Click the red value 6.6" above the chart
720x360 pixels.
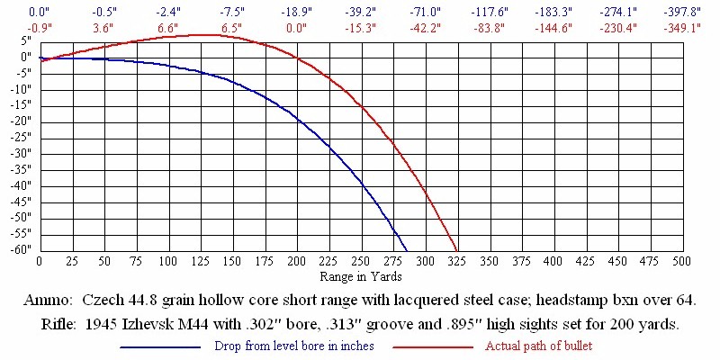[x=167, y=27]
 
